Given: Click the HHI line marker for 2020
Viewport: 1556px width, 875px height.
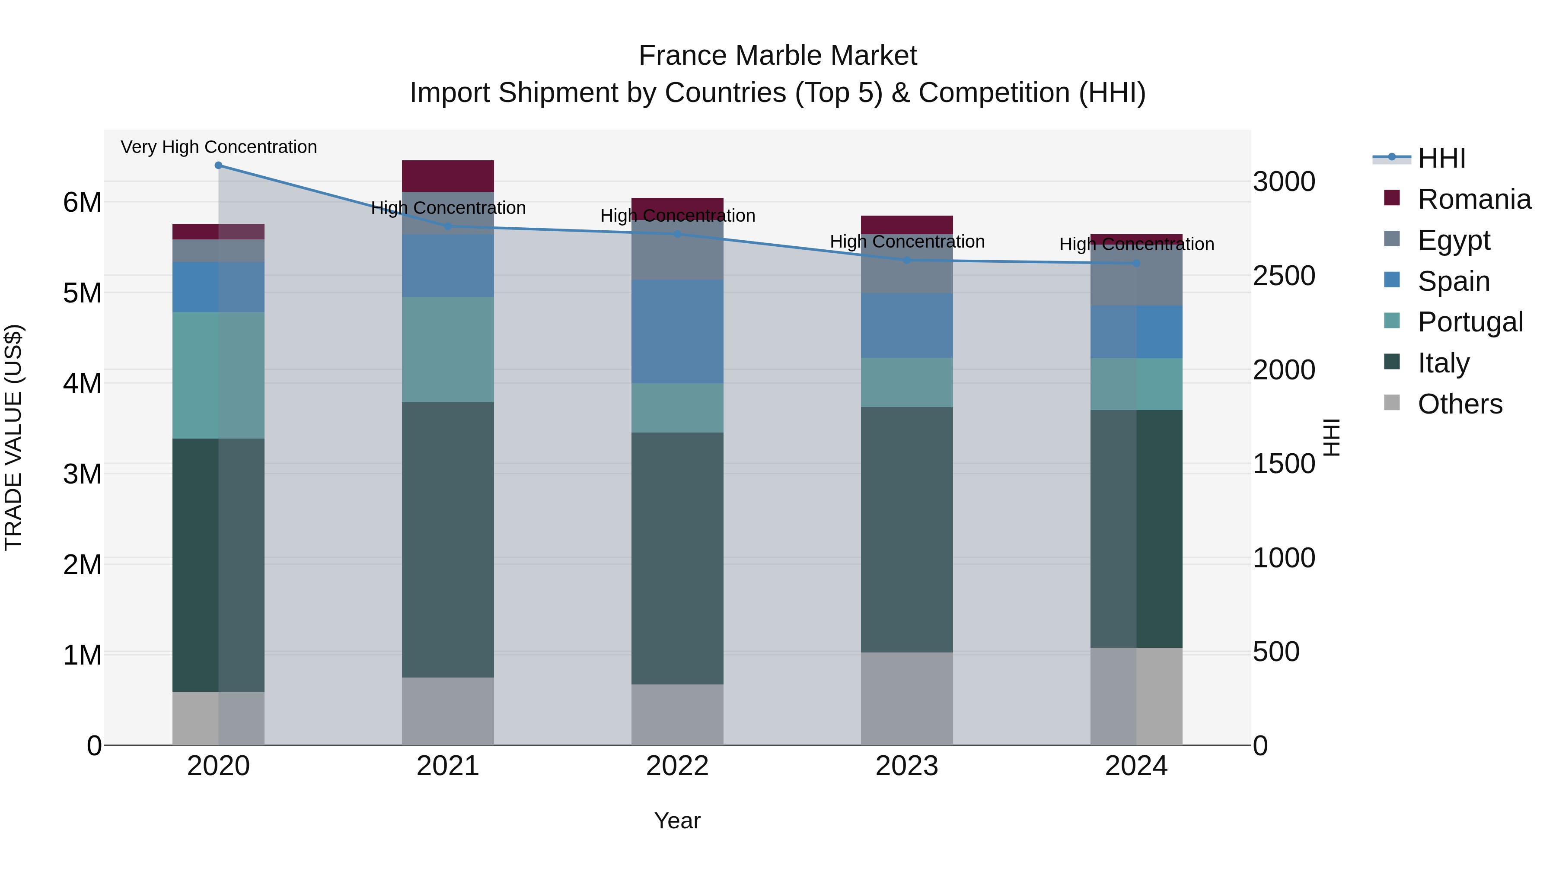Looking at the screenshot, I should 219,165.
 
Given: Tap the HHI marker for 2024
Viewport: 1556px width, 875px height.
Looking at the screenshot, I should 1136,263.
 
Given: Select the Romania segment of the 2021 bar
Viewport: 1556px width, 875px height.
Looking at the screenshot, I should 448,176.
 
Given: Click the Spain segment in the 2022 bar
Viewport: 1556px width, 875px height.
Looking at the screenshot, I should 677,331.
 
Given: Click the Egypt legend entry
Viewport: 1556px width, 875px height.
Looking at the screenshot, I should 1453,240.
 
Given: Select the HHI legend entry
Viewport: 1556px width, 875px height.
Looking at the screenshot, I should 1441,158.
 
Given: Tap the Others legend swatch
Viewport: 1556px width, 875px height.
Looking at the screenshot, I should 1392,403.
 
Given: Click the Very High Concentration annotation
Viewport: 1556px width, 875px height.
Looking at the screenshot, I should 219,147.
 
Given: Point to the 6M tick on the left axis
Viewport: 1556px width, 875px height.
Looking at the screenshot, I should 82,202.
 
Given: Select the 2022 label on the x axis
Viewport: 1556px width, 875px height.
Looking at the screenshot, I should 677,766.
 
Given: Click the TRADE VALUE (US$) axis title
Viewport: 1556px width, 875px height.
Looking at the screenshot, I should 13,437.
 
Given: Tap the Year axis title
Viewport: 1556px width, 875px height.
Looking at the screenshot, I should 677,821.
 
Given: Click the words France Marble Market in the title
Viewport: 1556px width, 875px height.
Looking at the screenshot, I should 778,56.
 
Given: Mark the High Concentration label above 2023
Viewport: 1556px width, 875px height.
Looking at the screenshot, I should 907,242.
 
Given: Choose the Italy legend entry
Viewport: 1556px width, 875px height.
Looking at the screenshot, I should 1443,363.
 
